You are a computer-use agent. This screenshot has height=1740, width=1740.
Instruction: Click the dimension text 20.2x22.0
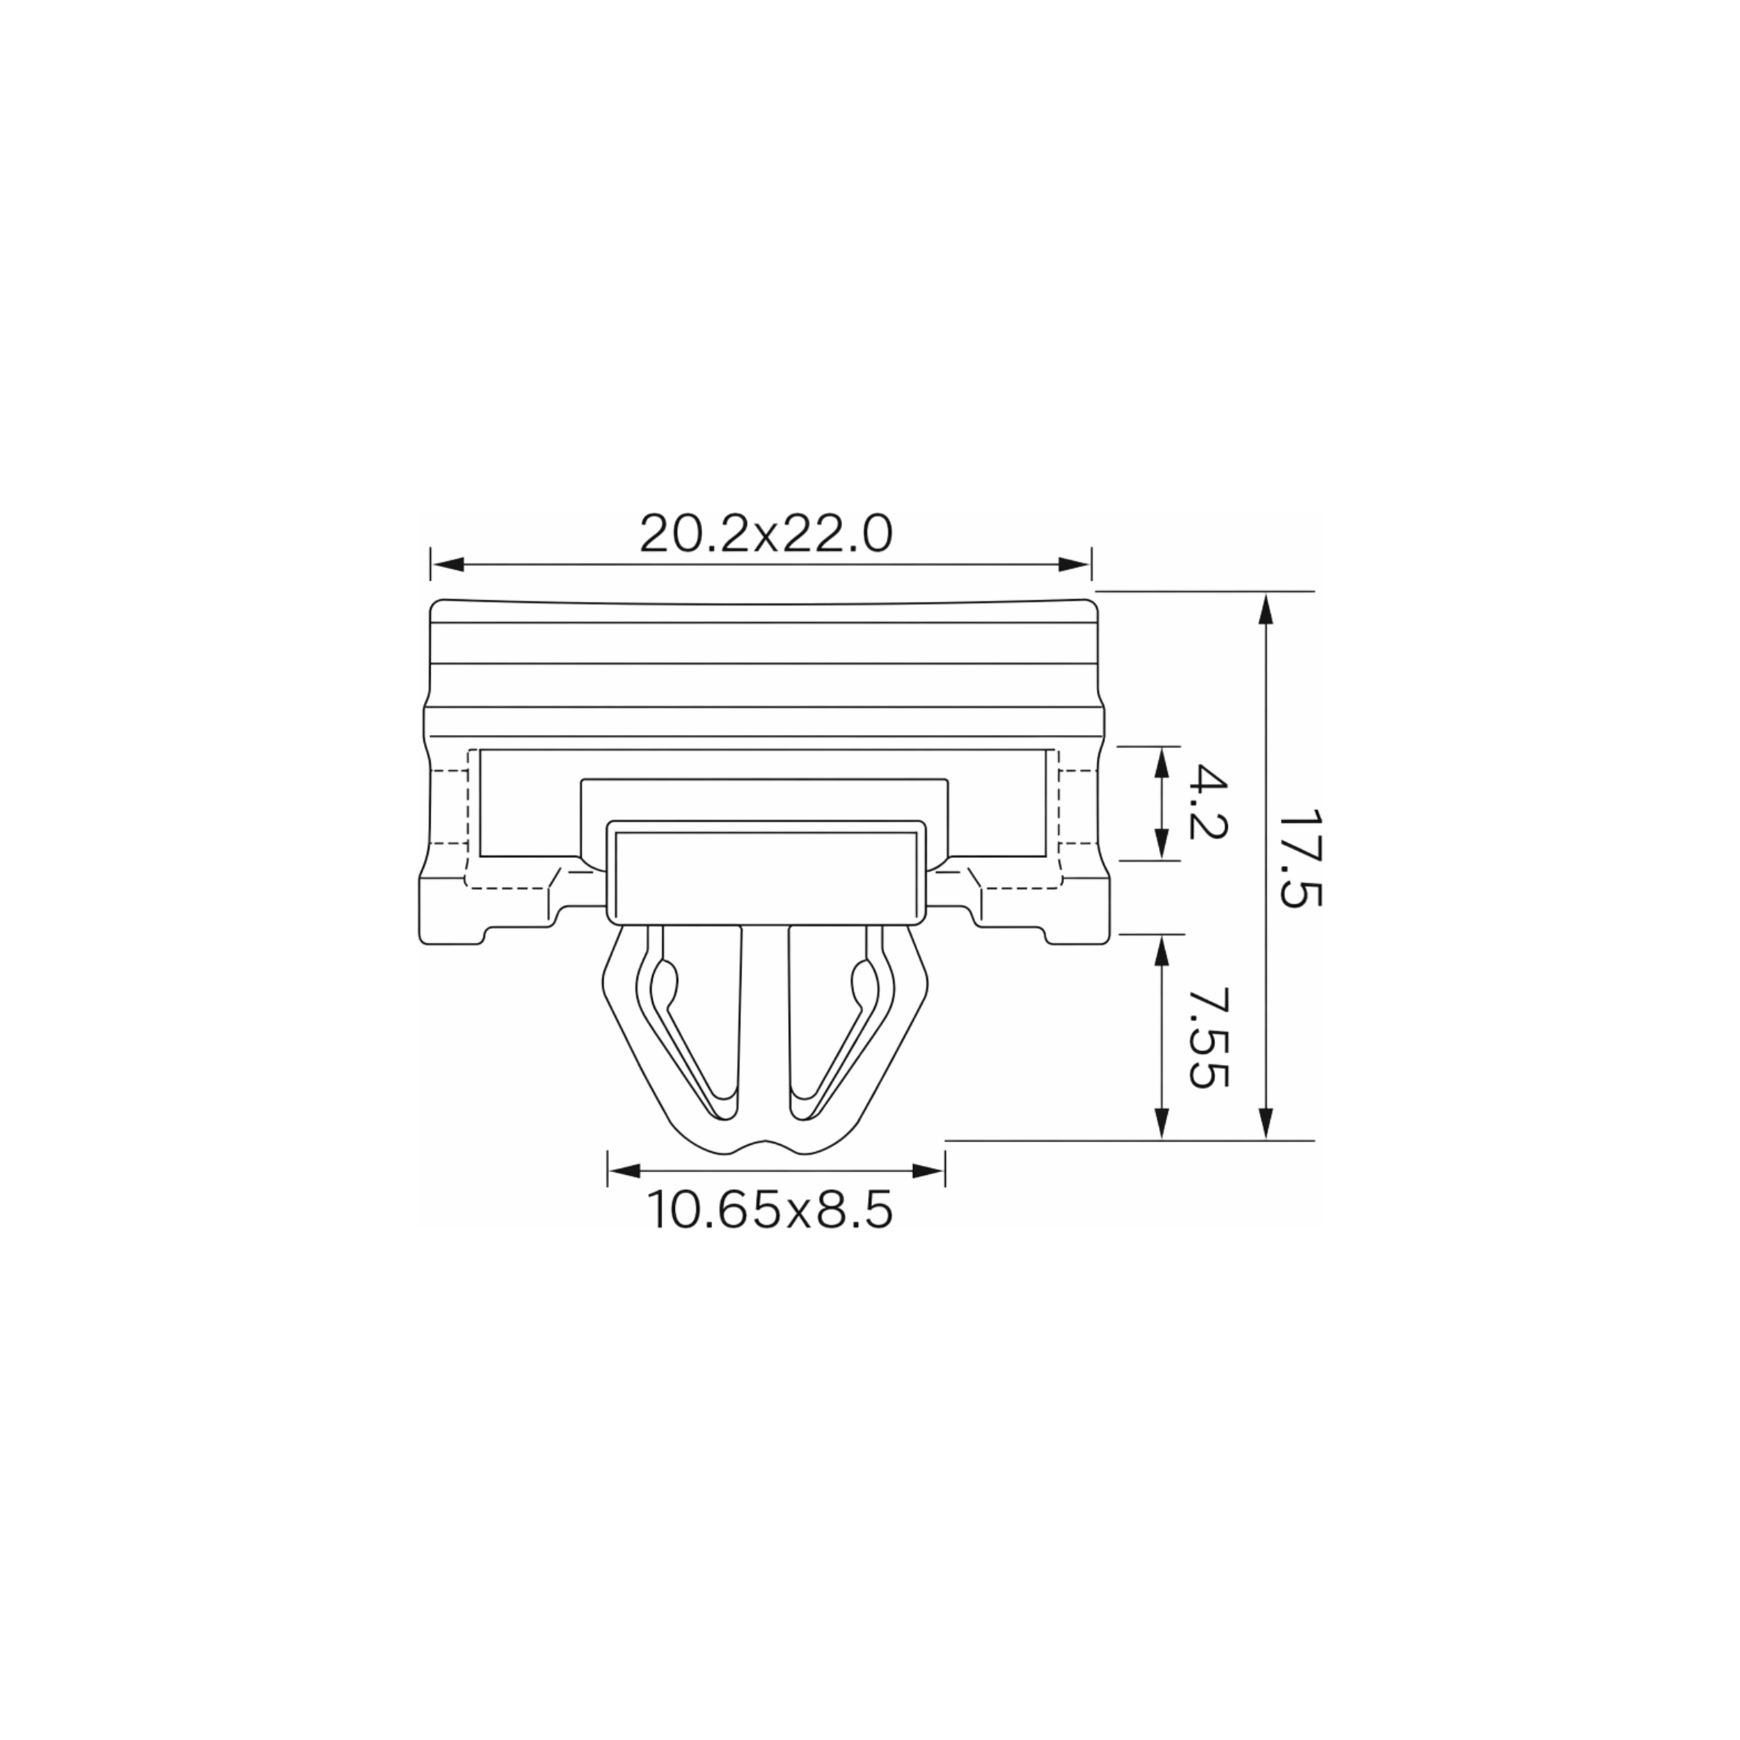pos(766,534)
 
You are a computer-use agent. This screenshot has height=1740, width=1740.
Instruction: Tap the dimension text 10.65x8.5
pos(770,1211)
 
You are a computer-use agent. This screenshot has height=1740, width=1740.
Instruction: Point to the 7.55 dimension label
pos(1208,1038)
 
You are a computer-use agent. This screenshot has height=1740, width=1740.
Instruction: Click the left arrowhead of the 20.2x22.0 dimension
pos(448,564)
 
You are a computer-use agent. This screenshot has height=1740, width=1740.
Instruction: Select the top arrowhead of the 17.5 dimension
pos(1266,609)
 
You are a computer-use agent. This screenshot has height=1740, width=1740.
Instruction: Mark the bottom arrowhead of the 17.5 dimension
pos(1266,1124)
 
